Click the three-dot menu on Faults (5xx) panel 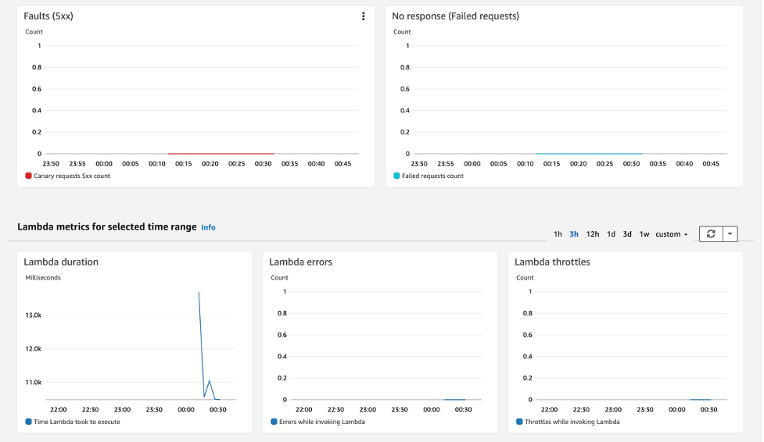coord(363,16)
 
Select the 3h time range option coord(574,234)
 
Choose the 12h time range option coord(593,234)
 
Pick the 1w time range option coord(644,234)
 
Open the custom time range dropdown coord(671,234)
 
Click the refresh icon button coord(711,234)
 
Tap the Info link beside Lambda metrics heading coord(208,227)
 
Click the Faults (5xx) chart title coord(48,16)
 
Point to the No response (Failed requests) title coord(455,16)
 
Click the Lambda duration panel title coord(61,262)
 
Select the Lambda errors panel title coord(300,262)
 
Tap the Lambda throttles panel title coord(552,262)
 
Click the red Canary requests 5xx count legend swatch coord(29,176)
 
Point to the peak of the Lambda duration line coord(199,292)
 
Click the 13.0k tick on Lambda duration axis coord(34,315)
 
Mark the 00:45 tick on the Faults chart coord(343,164)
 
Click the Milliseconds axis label coord(43,278)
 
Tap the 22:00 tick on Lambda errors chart coord(303,409)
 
